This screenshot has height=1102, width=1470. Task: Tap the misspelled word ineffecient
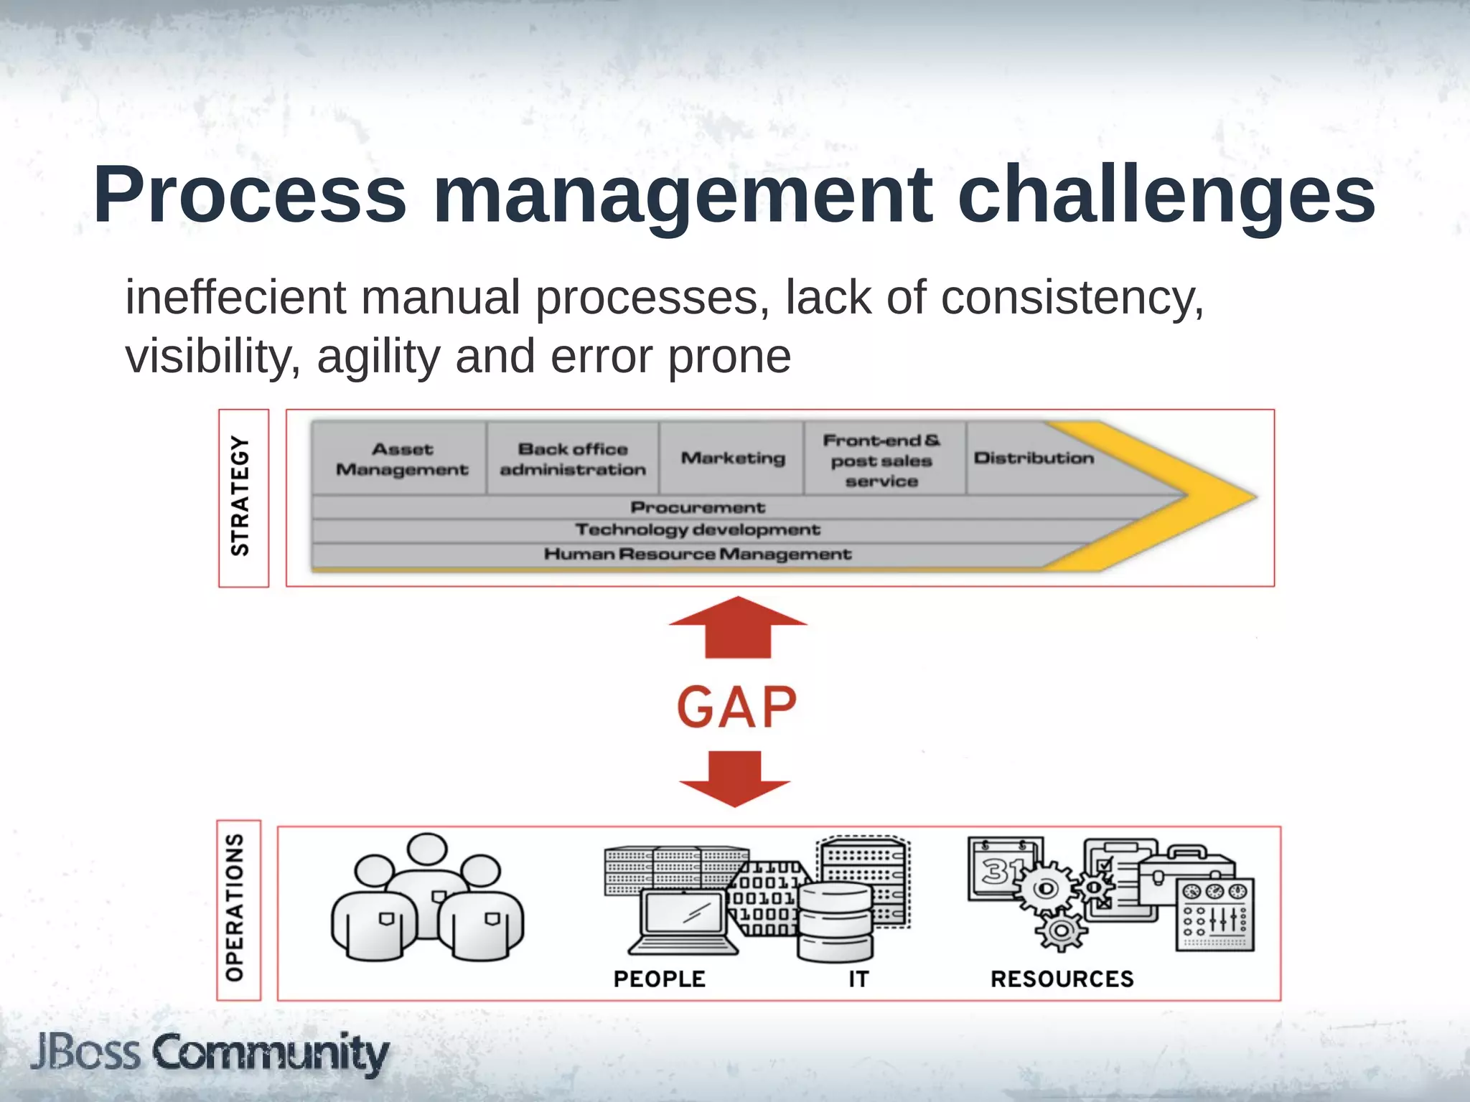(236, 297)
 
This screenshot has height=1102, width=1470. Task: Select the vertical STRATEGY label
(240, 496)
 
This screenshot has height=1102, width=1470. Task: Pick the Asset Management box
(401, 459)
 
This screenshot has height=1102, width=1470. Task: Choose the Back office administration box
(573, 459)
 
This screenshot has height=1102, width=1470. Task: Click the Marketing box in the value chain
(732, 458)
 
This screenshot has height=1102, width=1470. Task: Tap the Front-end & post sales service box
(881, 460)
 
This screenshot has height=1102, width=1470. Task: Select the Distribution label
(1034, 458)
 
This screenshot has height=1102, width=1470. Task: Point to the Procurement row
(698, 507)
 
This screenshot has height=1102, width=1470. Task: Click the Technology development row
(698, 530)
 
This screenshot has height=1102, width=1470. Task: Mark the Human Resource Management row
(698, 555)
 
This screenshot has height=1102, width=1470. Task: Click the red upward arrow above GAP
(738, 628)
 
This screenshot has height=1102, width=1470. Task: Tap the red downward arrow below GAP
(734, 778)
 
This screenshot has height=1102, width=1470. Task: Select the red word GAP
(736, 708)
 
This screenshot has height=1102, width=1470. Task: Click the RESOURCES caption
(1062, 979)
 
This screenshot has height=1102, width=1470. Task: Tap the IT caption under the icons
(858, 979)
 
